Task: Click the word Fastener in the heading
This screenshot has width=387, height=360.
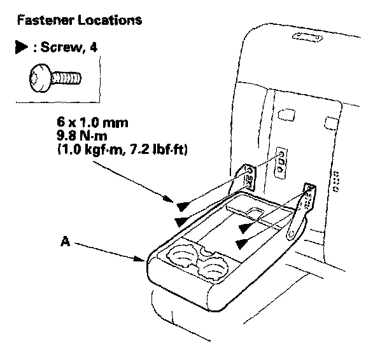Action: [x=42, y=20]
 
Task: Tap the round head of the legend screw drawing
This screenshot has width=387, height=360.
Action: [x=38, y=79]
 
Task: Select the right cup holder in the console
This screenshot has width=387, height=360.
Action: [x=209, y=270]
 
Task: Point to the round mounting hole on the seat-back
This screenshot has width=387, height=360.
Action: [x=279, y=155]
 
